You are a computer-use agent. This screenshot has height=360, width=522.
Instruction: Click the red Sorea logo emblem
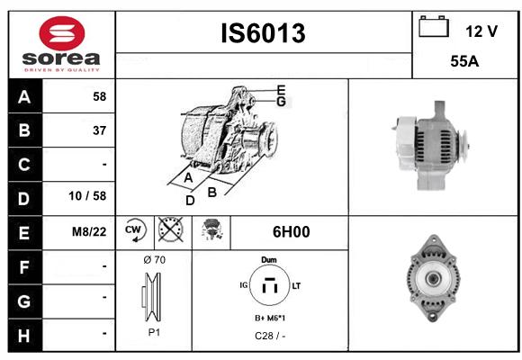click(x=62, y=33)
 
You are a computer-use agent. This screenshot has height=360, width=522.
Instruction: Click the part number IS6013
click(x=263, y=33)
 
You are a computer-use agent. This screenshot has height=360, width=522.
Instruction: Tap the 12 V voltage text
click(x=481, y=31)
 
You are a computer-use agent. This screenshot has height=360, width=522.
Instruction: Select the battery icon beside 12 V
click(x=434, y=26)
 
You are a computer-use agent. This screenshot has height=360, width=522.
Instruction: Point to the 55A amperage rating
click(x=464, y=61)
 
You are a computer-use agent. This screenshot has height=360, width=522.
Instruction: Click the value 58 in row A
click(x=100, y=96)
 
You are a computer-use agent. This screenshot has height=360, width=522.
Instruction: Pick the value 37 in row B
click(x=100, y=130)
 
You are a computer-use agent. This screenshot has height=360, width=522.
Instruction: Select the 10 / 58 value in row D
click(x=87, y=196)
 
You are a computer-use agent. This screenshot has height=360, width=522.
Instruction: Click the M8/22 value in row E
click(x=89, y=232)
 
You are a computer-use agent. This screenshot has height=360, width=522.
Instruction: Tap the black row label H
click(x=24, y=336)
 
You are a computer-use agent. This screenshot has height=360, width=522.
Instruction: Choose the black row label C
click(x=24, y=165)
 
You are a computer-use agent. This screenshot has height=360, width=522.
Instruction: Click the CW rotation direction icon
click(x=134, y=229)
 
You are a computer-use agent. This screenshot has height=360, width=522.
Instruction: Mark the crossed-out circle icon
click(x=170, y=229)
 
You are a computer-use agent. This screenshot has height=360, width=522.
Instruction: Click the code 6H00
click(x=291, y=232)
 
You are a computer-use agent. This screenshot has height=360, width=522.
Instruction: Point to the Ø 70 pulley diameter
click(x=154, y=259)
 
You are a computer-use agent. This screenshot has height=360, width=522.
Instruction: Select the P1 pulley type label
click(x=154, y=332)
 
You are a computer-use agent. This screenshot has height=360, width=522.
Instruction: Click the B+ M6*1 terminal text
click(x=270, y=319)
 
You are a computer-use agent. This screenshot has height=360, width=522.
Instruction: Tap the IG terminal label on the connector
click(x=244, y=285)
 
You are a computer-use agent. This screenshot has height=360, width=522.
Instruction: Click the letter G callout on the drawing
click(x=281, y=102)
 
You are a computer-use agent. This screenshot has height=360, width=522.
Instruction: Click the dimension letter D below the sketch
click(x=190, y=201)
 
